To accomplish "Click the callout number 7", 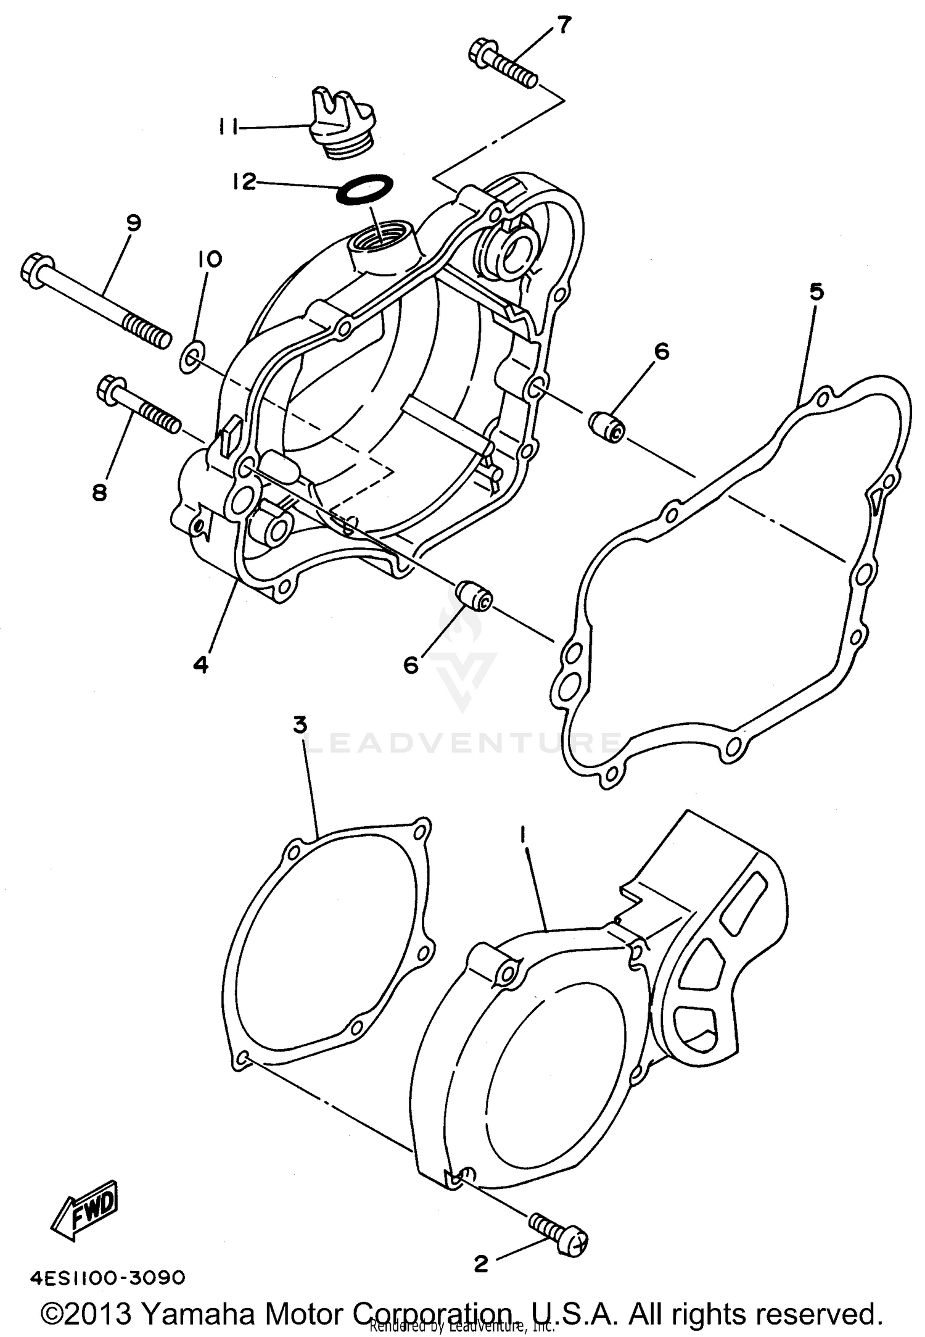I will click(564, 25).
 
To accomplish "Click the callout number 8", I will click(100, 492).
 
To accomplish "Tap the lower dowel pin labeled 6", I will click(474, 597).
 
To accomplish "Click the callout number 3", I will click(300, 726).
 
